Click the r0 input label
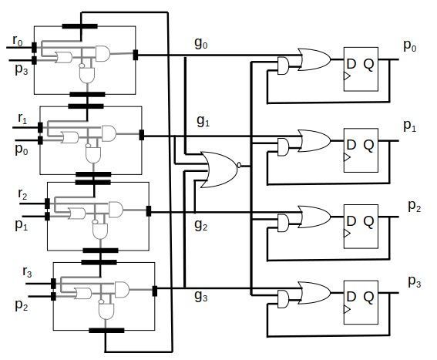(18, 41)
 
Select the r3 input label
(27, 272)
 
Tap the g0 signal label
(201, 43)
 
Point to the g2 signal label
(201, 224)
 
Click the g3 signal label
(201, 295)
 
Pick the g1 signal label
(203, 121)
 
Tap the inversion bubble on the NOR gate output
(239, 165)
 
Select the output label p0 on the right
(410, 46)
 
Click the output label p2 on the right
(415, 207)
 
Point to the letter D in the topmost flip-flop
(351, 64)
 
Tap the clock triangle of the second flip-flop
(347, 157)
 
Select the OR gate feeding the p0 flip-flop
(314, 59)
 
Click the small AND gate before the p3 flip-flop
(283, 299)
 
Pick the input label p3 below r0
(22, 70)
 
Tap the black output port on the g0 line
(136, 55)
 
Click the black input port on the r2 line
(47, 204)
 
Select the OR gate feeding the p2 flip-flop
(314, 217)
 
